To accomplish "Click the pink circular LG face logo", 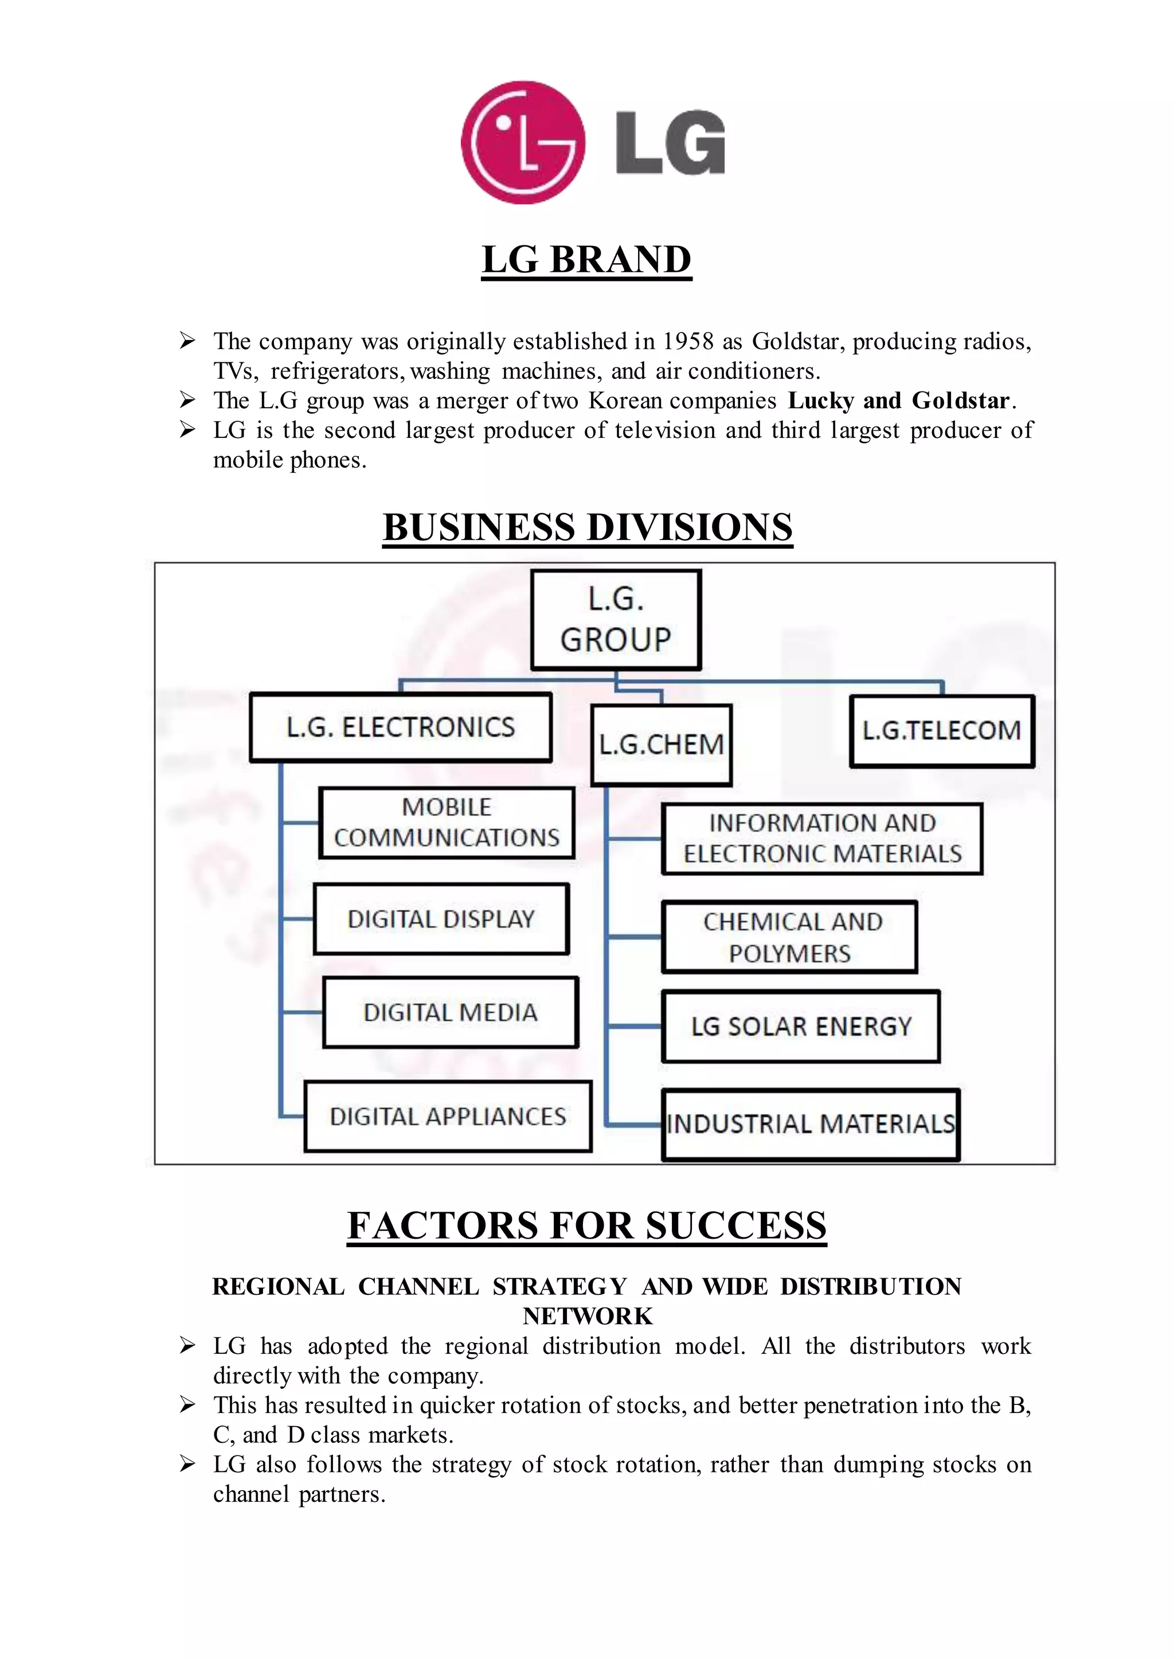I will point(523,142).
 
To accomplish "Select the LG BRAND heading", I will point(586,260).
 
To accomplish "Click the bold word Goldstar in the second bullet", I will point(960,401).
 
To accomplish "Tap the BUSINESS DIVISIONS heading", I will point(587,527).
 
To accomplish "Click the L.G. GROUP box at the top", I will point(616,620).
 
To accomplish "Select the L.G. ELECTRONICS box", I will point(401,727).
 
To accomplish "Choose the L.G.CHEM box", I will point(662,745).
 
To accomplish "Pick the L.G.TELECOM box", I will point(941,731).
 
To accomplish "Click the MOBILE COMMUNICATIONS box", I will point(447,823).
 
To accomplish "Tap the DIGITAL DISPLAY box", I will point(441,919).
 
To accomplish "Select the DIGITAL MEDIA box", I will point(451,1012).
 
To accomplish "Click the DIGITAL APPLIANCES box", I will point(448,1116).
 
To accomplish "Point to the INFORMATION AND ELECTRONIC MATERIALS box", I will point(822,839).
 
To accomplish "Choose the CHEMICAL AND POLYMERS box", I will point(789,937).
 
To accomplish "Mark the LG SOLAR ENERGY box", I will point(800,1027).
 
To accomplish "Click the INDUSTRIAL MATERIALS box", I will point(811,1124).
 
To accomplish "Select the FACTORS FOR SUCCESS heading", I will point(586,1226).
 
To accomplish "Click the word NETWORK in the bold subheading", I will point(587,1316).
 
